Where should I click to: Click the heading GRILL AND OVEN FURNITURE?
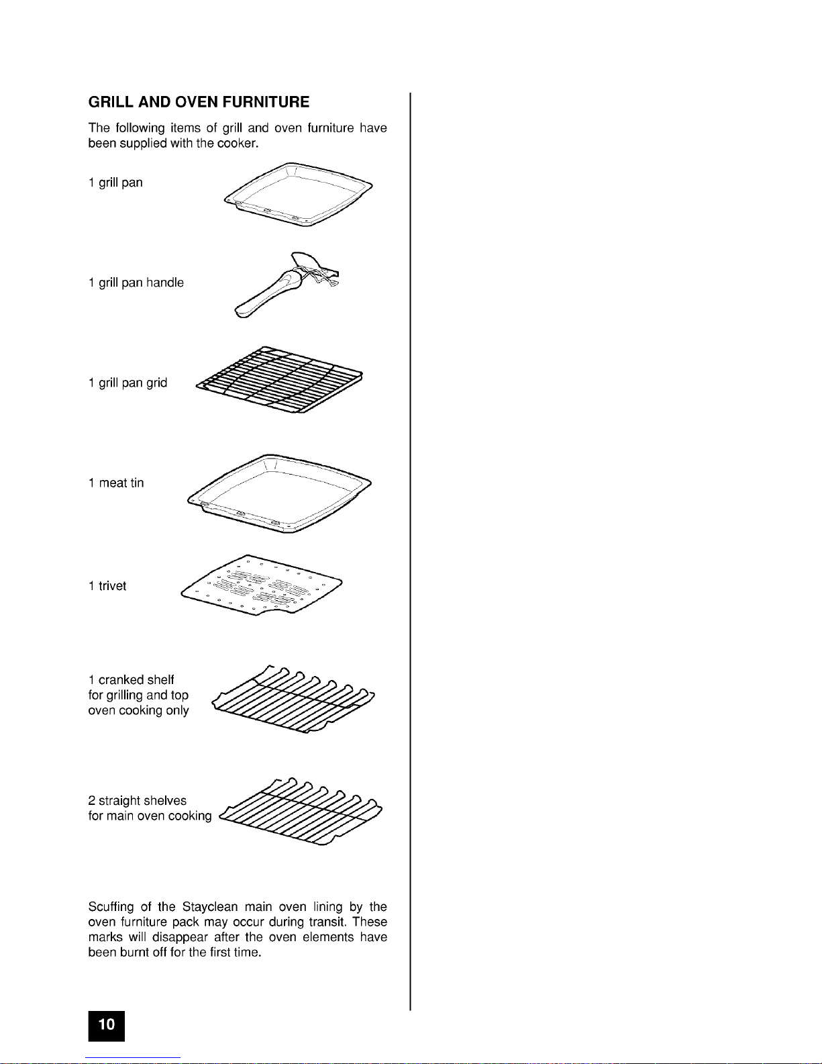[x=199, y=102]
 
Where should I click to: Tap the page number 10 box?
[x=106, y=1024]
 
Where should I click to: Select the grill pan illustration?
[x=298, y=194]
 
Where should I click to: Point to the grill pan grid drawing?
[x=279, y=381]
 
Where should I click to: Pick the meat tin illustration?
[x=279, y=493]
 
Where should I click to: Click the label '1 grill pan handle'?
[x=136, y=283]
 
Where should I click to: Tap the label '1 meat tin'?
[x=115, y=483]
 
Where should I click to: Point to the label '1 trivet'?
[x=107, y=586]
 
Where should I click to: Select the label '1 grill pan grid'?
[x=127, y=383]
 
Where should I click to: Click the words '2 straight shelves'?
[x=137, y=800]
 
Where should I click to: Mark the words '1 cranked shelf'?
[x=131, y=679]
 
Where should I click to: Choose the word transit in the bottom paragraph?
[x=327, y=922]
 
